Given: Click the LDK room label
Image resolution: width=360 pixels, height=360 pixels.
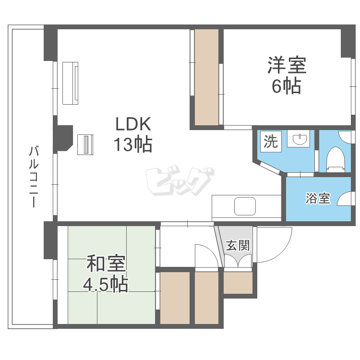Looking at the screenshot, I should coord(133,125).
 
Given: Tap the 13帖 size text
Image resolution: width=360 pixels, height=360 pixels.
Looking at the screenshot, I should coord(133,144).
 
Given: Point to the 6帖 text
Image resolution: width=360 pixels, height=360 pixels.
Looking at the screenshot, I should coord(286,86).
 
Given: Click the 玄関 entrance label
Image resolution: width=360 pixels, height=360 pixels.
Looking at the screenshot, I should coord(238,246).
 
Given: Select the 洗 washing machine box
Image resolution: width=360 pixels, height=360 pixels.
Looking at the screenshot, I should coord(270,142).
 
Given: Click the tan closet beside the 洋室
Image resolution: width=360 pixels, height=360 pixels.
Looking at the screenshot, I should coord(206,77).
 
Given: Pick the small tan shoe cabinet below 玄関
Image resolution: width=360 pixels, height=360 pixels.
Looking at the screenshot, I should coord(238,283).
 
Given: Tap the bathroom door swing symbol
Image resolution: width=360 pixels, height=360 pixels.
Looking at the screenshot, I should coord(344,199).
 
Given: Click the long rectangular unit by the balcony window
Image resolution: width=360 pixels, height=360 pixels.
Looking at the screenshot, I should coord(71,83).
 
